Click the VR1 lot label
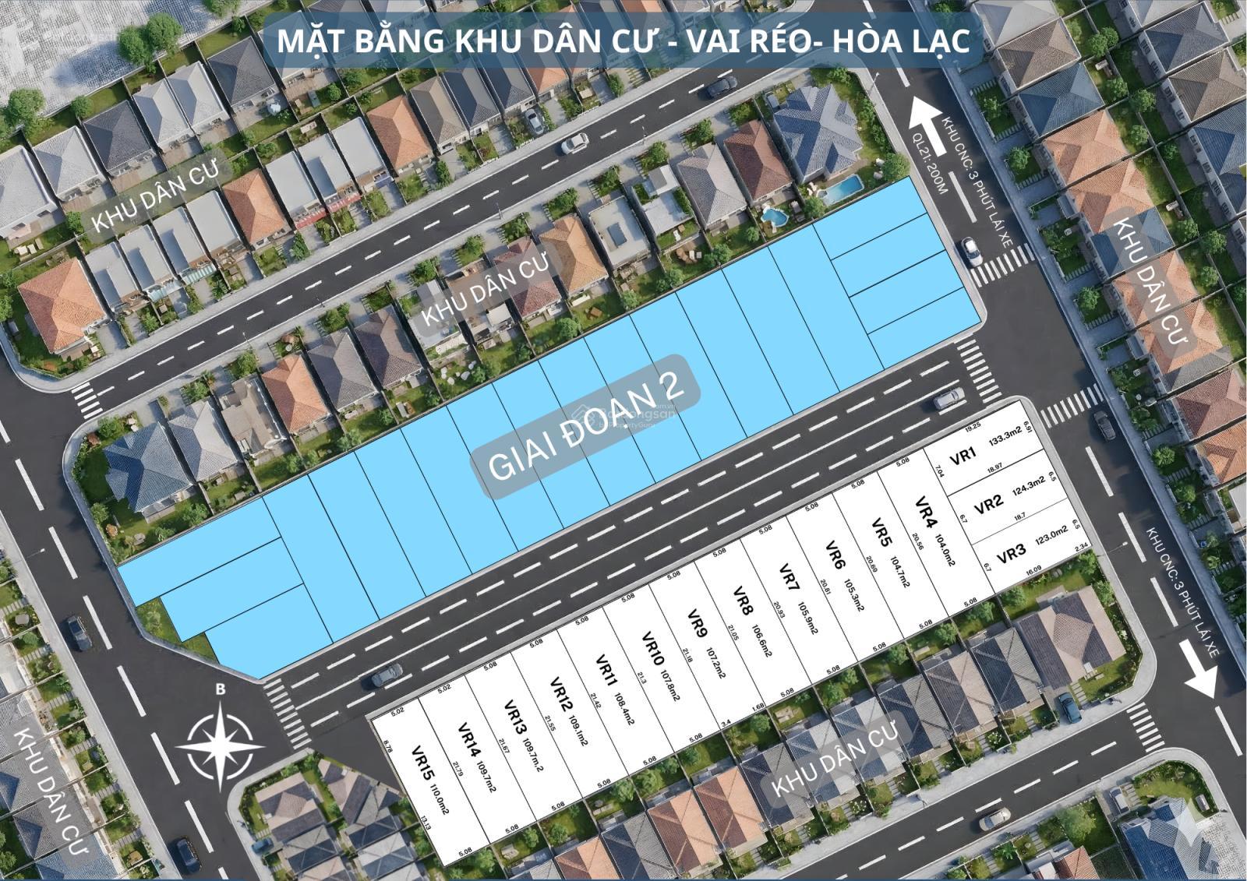[x=963, y=456]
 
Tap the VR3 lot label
[x=1010, y=553]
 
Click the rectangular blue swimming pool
[x=842, y=188]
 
